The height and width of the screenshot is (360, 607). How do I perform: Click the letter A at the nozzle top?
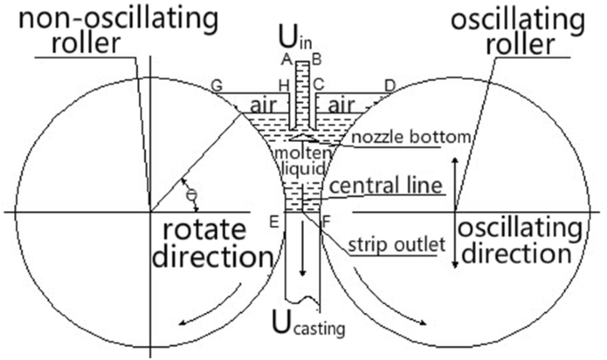coord(286,59)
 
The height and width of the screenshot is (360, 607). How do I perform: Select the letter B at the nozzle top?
coord(316,59)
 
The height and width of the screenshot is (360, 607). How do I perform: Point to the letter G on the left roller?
coord(215,85)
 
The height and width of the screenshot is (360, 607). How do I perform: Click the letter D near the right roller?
coord(388,85)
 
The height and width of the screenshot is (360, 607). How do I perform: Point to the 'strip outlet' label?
coord(393,242)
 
